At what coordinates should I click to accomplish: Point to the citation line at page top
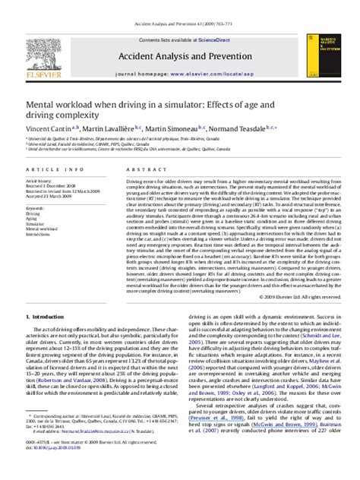pos(179,5)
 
